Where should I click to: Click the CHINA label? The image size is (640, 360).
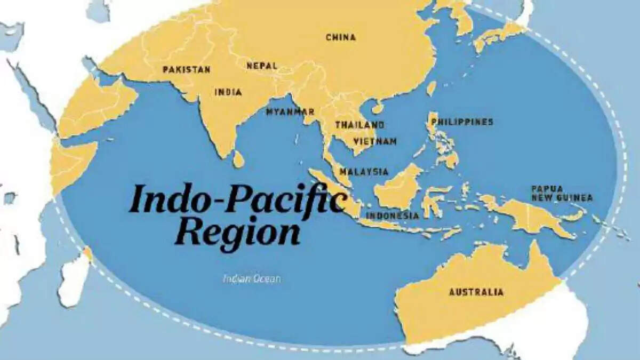(x=341, y=37)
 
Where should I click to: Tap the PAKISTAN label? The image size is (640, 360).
(x=187, y=69)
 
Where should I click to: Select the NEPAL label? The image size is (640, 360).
(x=262, y=66)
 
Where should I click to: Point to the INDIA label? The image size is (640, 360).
(x=228, y=92)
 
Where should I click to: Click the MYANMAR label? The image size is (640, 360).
(x=290, y=112)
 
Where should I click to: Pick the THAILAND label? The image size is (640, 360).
(x=359, y=125)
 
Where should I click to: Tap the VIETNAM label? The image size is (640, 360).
(x=375, y=141)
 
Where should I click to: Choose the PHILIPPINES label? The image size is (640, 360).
(x=462, y=122)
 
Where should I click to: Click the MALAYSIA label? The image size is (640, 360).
(x=364, y=172)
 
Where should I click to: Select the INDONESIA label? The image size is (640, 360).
(x=392, y=215)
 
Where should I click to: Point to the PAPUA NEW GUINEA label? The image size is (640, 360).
(x=561, y=193)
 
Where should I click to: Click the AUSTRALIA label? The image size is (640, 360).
(x=476, y=292)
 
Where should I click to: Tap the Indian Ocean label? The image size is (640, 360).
(x=252, y=278)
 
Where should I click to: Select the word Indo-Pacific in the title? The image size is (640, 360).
(x=237, y=199)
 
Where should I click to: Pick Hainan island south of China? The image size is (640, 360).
(x=378, y=108)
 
